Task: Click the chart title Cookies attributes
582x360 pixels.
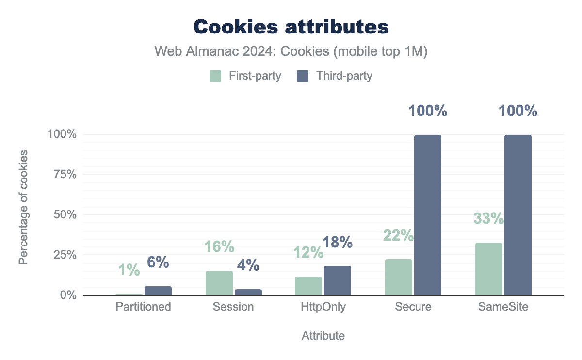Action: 291,27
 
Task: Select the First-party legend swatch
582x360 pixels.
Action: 215,76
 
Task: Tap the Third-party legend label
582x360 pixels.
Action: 344,76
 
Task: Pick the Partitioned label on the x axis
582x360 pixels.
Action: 144,307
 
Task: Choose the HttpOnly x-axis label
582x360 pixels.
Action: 323,307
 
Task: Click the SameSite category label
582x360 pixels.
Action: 504,307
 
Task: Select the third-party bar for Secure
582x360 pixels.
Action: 428,215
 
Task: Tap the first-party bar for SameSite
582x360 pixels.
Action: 489,269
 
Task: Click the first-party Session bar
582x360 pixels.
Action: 219,283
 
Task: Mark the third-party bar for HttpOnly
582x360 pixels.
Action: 338,280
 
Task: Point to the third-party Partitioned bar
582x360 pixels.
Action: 158,291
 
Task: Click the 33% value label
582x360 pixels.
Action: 489,219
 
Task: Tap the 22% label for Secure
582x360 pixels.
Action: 398,235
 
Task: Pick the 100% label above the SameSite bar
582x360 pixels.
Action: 518,111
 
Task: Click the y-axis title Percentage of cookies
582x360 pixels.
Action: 23,208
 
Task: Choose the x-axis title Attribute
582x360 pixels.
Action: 323,336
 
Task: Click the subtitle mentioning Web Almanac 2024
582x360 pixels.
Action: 291,52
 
